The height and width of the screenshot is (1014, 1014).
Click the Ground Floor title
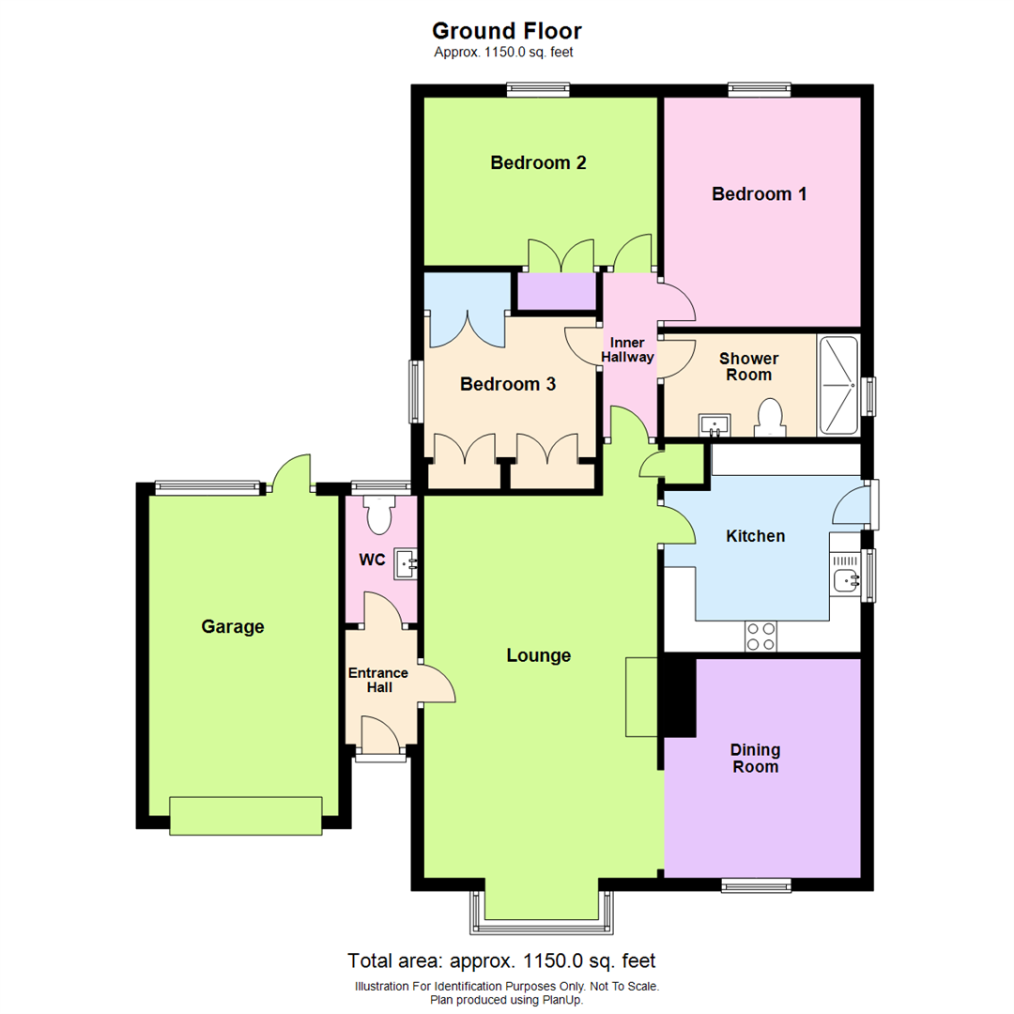[507, 31]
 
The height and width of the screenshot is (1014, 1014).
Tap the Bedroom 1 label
[760, 194]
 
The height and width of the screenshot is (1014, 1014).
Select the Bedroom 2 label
[539, 162]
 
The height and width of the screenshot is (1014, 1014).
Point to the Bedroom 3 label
[508, 384]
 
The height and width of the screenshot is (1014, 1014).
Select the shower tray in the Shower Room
[838, 385]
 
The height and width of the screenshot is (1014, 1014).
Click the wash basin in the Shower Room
[715, 425]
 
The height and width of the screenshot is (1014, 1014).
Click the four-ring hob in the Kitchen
[760, 637]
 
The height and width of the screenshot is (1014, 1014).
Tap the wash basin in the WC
[407, 564]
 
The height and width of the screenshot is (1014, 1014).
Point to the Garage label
[233, 626]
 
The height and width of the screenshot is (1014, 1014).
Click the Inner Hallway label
[629, 349]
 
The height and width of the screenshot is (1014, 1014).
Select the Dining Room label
[756, 759]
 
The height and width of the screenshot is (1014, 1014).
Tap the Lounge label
[539, 655]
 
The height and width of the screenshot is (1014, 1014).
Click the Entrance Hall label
[378, 680]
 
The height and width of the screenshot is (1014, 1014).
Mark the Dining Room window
[756, 884]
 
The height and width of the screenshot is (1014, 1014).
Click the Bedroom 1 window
[760, 90]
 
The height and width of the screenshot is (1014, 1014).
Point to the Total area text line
[501, 960]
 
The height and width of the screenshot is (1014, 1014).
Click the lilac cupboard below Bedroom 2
[559, 291]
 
